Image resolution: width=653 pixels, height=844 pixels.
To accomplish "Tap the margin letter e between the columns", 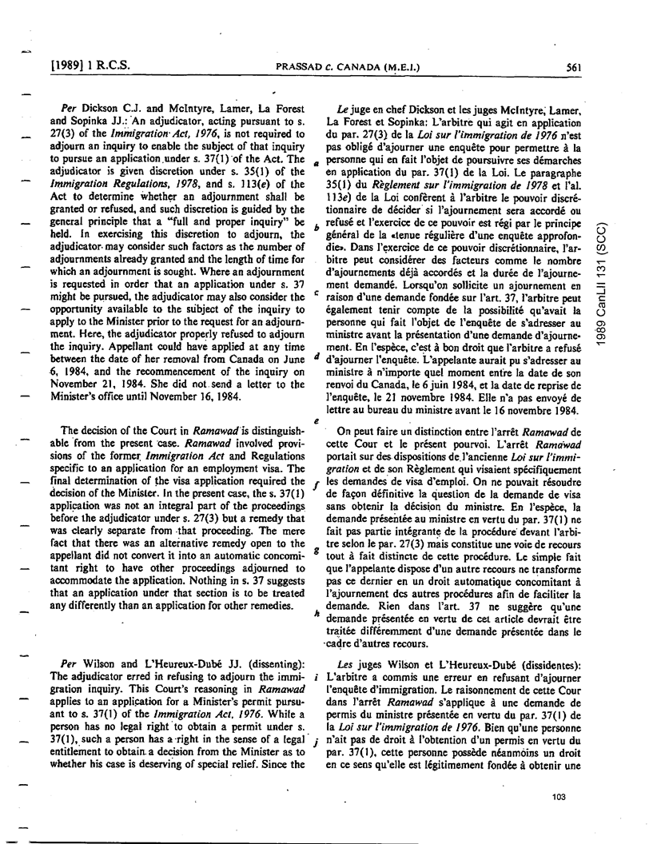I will [x=316, y=420].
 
